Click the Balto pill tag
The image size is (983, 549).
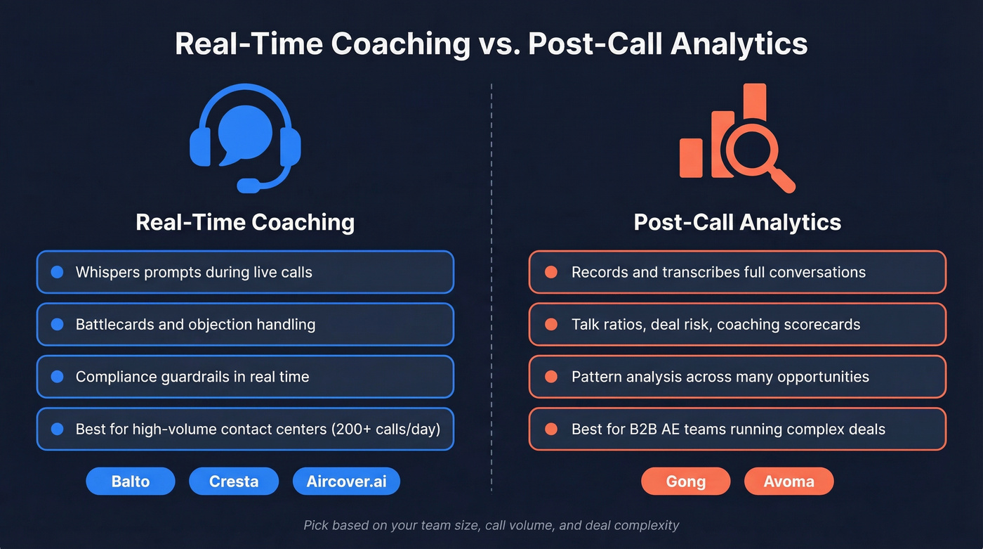tap(130, 482)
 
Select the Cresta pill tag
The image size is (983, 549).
tap(234, 482)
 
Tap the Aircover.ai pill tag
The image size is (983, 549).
tap(346, 482)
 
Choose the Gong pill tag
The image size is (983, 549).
tap(685, 482)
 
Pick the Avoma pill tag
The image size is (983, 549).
tap(789, 482)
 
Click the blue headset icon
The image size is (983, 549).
tap(245, 137)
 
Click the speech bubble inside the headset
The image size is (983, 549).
tap(244, 134)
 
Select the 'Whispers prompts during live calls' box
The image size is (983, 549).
tap(245, 272)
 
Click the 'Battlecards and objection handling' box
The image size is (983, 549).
tap(245, 324)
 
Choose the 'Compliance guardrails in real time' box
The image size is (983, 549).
tap(245, 377)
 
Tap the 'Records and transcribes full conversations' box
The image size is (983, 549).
tap(737, 272)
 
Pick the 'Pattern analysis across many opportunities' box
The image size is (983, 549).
tap(737, 377)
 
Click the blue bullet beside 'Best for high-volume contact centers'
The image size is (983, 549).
tap(58, 429)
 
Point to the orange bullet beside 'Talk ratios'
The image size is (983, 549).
tap(551, 324)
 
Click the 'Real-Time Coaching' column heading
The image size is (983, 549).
tap(245, 222)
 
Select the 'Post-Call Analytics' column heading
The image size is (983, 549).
tap(737, 222)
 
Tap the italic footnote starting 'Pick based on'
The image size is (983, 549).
tap(491, 525)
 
